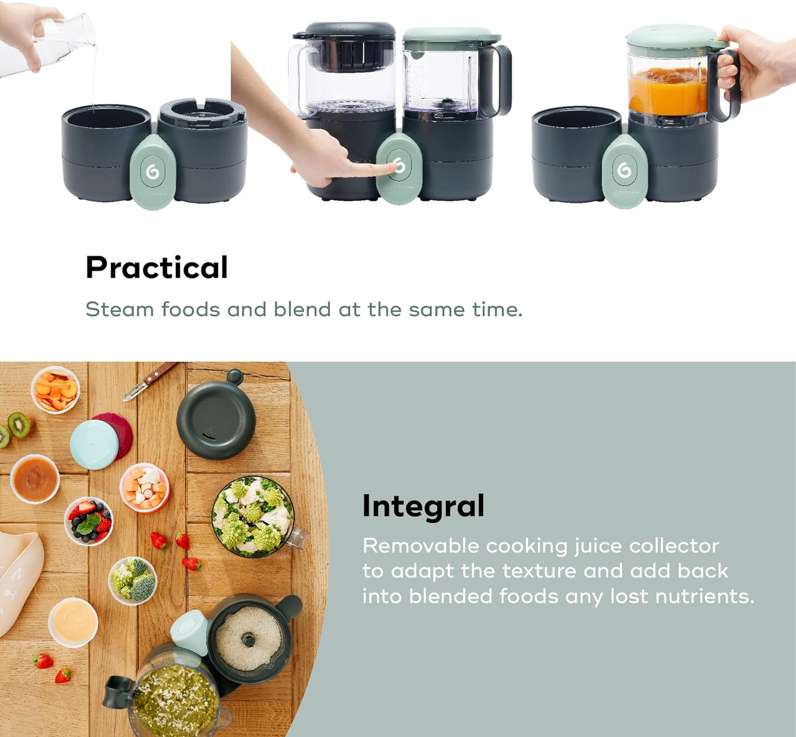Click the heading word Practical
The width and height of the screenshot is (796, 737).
click(x=156, y=268)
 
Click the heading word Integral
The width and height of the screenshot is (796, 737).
click(x=423, y=506)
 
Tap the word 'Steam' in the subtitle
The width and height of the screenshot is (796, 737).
click(x=120, y=310)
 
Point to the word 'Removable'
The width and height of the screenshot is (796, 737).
click(x=421, y=546)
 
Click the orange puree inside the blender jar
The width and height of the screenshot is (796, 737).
click(x=667, y=91)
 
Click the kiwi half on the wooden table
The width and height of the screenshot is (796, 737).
click(x=19, y=425)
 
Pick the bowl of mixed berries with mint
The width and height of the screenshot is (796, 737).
click(x=89, y=521)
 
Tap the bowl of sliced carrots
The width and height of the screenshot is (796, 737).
click(x=56, y=390)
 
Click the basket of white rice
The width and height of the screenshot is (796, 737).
click(x=249, y=639)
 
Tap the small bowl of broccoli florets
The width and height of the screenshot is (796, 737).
click(x=133, y=580)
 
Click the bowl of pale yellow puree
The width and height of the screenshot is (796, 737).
click(x=73, y=622)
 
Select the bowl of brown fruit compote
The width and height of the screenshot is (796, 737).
click(x=35, y=479)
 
